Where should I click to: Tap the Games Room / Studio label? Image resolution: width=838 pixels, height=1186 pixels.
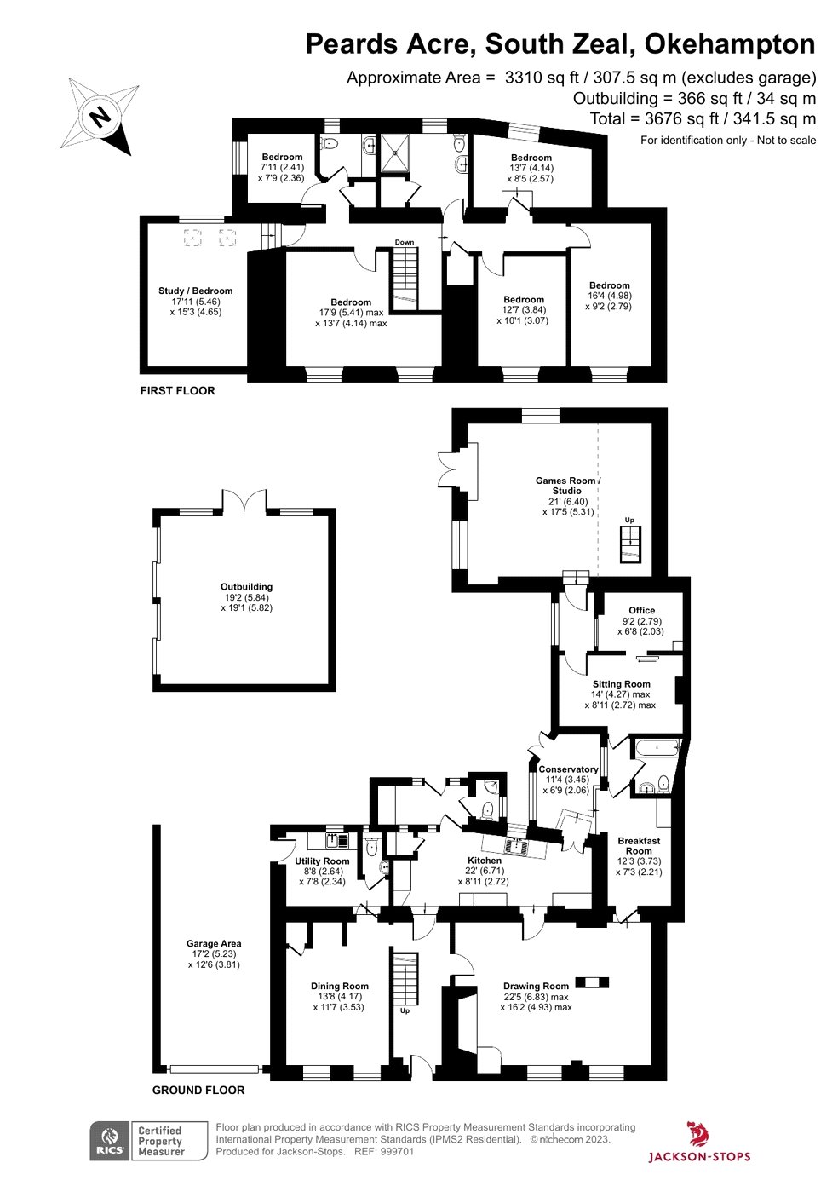click(567, 486)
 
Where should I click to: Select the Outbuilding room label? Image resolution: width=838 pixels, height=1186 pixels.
click(247, 587)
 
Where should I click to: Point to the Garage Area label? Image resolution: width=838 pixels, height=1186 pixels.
click(214, 943)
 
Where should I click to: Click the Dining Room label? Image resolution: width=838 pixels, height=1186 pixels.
click(339, 986)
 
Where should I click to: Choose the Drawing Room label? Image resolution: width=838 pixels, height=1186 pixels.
click(536, 986)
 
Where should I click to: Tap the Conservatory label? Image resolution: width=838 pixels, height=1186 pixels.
click(568, 769)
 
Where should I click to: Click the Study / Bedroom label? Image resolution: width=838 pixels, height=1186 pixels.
click(195, 291)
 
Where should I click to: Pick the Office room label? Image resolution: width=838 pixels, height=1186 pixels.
click(641, 611)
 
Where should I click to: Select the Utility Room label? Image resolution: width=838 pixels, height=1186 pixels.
click(322, 861)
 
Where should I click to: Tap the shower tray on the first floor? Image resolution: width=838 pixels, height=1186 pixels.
click(395, 153)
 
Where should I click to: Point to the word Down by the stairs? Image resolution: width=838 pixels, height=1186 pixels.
click(405, 242)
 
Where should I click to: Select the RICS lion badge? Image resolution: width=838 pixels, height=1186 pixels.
click(109, 1141)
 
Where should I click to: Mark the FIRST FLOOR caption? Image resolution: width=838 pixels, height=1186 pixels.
click(178, 391)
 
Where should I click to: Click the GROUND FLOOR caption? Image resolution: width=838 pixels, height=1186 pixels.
click(198, 1090)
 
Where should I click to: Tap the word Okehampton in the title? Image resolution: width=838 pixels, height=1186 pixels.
click(730, 44)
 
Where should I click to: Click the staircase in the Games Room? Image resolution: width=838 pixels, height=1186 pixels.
click(630, 544)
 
